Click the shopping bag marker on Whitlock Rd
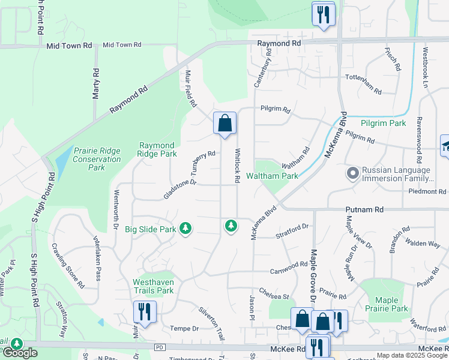224,124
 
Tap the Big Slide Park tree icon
186,229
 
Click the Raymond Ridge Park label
157,149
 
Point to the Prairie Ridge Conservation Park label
97,159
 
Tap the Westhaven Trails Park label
153,286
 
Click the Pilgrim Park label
384,123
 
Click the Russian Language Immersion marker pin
352,174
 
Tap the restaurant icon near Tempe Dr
145,312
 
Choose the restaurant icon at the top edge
323,14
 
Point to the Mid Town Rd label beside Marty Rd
121,45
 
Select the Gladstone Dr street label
180,188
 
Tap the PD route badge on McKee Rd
159,347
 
